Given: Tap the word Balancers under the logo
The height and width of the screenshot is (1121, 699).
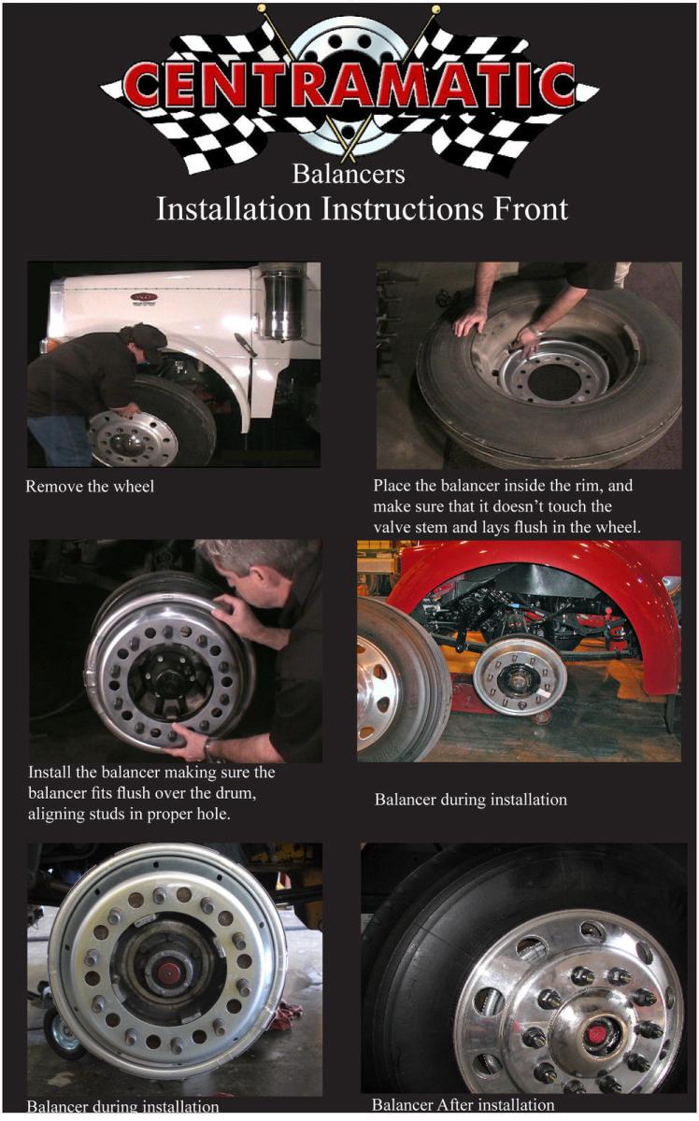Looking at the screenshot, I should coord(349,173).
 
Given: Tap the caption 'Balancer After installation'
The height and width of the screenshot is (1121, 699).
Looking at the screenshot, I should coord(463,1104).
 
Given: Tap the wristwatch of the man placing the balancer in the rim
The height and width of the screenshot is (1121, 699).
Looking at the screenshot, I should coord(535,331).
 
